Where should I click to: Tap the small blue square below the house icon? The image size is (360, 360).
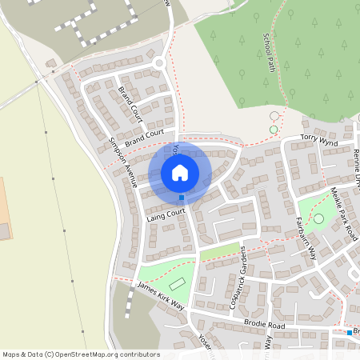coord(182,198)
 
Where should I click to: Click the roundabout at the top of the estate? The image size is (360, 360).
coord(159,62)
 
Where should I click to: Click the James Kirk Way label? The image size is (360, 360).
coord(161,295)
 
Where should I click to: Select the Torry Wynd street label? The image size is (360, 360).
coord(320,141)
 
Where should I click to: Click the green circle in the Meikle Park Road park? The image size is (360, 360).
coord(319,218)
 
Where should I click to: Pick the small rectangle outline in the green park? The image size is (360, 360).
coord(178,284)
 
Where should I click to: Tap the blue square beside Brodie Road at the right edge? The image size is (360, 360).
coord(350,332)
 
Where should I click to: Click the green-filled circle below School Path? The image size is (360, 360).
coord(274,130)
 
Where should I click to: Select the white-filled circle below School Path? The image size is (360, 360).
coord(274,116)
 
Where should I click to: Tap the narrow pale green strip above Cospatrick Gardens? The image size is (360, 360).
coord(219,253)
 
